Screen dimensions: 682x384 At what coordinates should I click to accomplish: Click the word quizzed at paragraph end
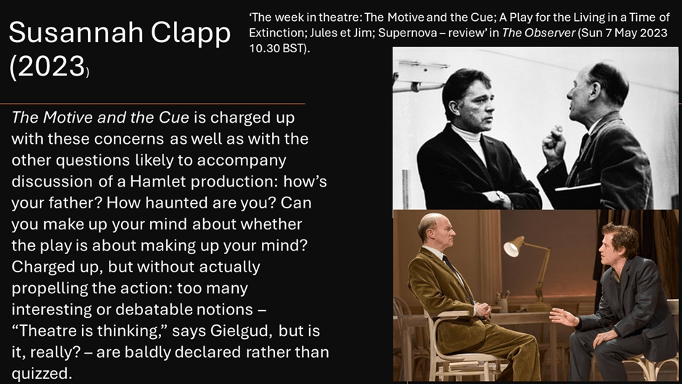(x=41, y=374)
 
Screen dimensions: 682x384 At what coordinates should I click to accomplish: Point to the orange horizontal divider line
(x=152, y=104)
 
